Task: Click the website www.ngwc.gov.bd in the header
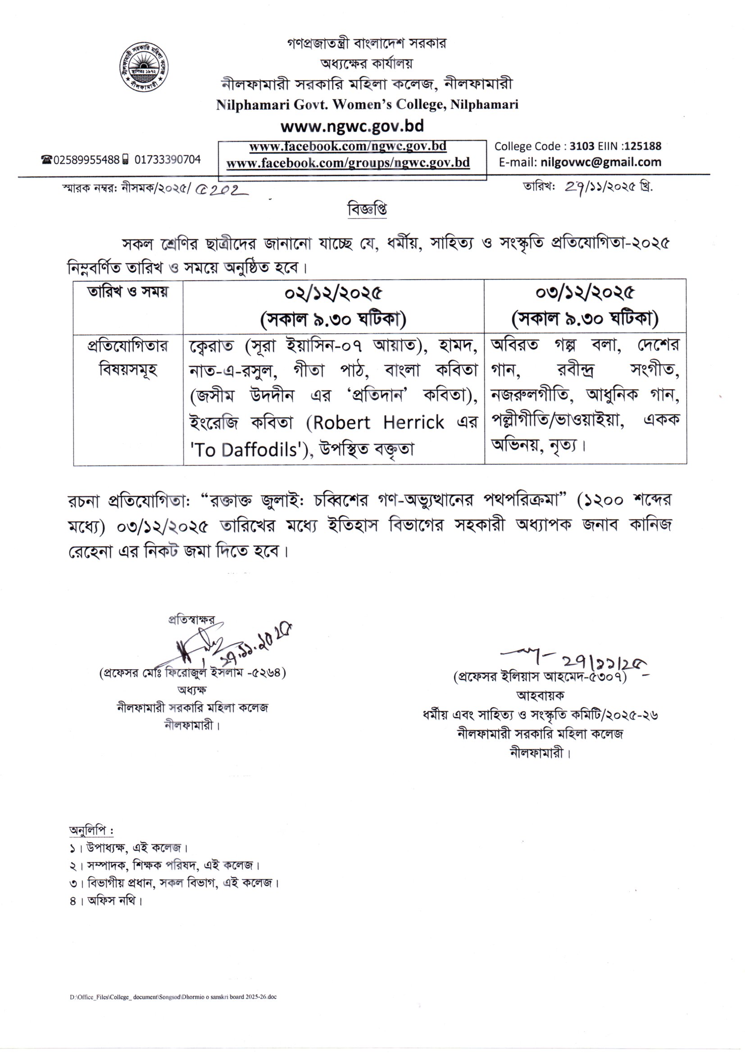coord(352,126)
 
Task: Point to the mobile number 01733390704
coord(168,159)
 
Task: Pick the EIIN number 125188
coord(643,146)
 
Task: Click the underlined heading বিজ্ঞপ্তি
coord(367,209)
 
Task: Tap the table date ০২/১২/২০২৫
coord(333,293)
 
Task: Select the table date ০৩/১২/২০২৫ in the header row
coord(585,292)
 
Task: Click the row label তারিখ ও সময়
coord(128,292)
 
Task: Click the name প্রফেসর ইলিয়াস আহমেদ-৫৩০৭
coord(540,677)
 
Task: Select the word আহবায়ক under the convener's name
coord(540,695)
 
